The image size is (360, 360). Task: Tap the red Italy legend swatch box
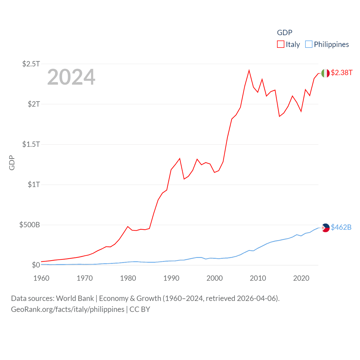click(281, 44)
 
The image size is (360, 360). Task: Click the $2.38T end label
click(341, 73)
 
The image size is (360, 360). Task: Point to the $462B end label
click(341, 227)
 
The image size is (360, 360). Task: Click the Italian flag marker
click(325, 73)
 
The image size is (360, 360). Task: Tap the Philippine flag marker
click(325, 228)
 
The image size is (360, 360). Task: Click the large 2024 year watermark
click(71, 77)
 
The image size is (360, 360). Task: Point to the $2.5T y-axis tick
click(31, 64)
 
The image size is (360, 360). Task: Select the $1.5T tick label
click(31, 144)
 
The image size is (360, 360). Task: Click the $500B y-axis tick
click(30, 225)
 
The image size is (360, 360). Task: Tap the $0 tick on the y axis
click(36, 265)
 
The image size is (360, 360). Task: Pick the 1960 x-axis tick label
click(41, 278)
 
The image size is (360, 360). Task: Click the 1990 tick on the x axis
click(171, 278)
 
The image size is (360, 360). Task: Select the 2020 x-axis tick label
click(301, 278)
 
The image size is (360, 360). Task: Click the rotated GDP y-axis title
click(12, 163)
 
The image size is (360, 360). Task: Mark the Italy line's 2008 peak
click(249, 70)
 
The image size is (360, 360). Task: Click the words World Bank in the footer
click(75, 298)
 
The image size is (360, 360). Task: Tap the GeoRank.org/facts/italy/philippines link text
click(67, 309)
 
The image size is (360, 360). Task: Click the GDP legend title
click(285, 33)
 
